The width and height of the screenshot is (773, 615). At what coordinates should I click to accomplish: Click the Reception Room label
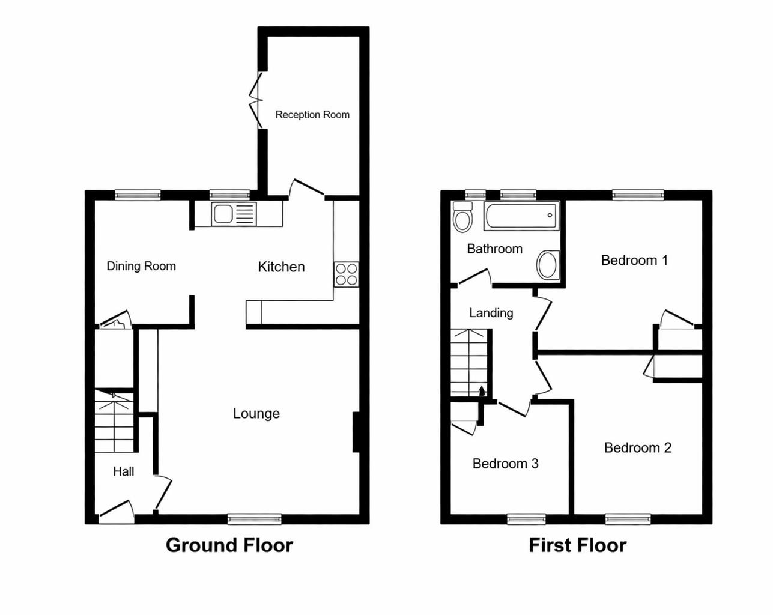(x=312, y=115)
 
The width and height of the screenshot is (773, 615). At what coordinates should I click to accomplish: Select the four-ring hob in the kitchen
(x=347, y=274)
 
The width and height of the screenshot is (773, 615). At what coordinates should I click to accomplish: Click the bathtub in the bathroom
(x=521, y=216)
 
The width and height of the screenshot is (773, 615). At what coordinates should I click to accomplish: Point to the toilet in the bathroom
(x=462, y=217)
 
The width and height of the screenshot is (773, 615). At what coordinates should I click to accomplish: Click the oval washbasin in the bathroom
(x=547, y=265)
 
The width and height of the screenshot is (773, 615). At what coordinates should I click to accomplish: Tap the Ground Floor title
(x=229, y=545)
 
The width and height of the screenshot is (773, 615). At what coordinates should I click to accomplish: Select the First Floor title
(x=577, y=545)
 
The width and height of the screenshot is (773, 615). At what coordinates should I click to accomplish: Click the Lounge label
(x=256, y=413)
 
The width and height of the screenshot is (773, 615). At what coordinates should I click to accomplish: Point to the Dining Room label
(x=141, y=266)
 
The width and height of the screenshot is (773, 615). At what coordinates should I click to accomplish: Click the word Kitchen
(x=281, y=267)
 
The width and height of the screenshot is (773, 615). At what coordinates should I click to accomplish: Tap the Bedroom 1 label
(x=634, y=260)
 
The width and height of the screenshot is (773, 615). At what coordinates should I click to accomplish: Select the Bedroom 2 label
(x=637, y=447)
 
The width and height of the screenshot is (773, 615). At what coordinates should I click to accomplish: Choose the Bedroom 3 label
(x=505, y=464)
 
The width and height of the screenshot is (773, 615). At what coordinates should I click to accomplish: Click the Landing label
(x=491, y=312)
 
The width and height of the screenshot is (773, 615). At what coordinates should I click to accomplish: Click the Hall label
(x=123, y=471)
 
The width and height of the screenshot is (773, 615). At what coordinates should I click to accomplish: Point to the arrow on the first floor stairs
(x=481, y=390)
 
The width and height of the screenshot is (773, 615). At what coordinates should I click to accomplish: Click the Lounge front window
(x=255, y=519)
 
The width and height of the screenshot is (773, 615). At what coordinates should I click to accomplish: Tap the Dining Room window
(x=138, y=195)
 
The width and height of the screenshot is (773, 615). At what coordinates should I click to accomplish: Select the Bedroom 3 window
(x=527, y=519)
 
